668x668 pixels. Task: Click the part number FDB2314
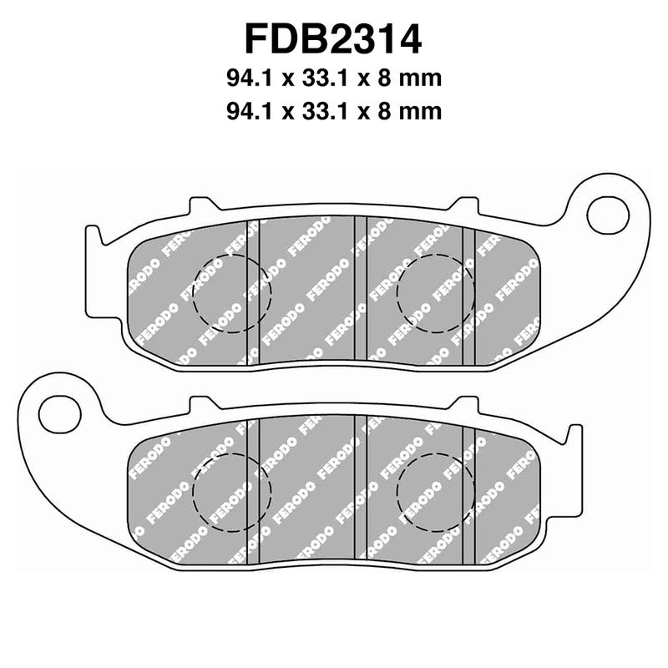[x=333, y=38]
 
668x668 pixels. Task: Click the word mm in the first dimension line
[x=420, y=78]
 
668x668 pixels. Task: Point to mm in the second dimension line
[x=420, y=110]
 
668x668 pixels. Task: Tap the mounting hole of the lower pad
[x=58, y=411]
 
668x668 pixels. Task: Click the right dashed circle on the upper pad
[x=435, y=291]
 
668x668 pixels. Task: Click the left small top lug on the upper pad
[x=201, y=205]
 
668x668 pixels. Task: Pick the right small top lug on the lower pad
[x=464, y=405]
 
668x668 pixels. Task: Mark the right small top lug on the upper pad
[x=464, y=205]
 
